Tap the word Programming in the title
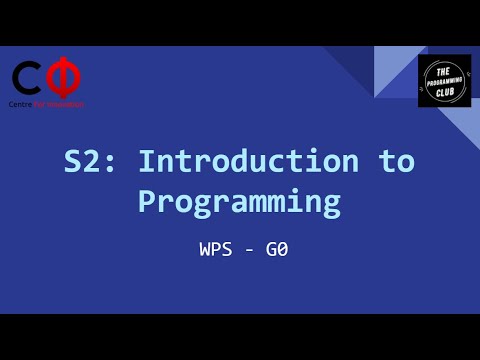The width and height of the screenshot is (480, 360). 239,201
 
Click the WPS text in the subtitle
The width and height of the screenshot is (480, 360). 217,250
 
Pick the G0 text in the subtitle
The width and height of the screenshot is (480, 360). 277,250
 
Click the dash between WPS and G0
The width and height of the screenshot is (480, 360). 248,250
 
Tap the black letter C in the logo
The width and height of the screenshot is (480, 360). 27,78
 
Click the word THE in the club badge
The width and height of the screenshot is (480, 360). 445,68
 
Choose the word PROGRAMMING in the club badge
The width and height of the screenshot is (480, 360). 445,81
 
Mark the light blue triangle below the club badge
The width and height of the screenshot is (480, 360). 461,125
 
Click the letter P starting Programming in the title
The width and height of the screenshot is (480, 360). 147,201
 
